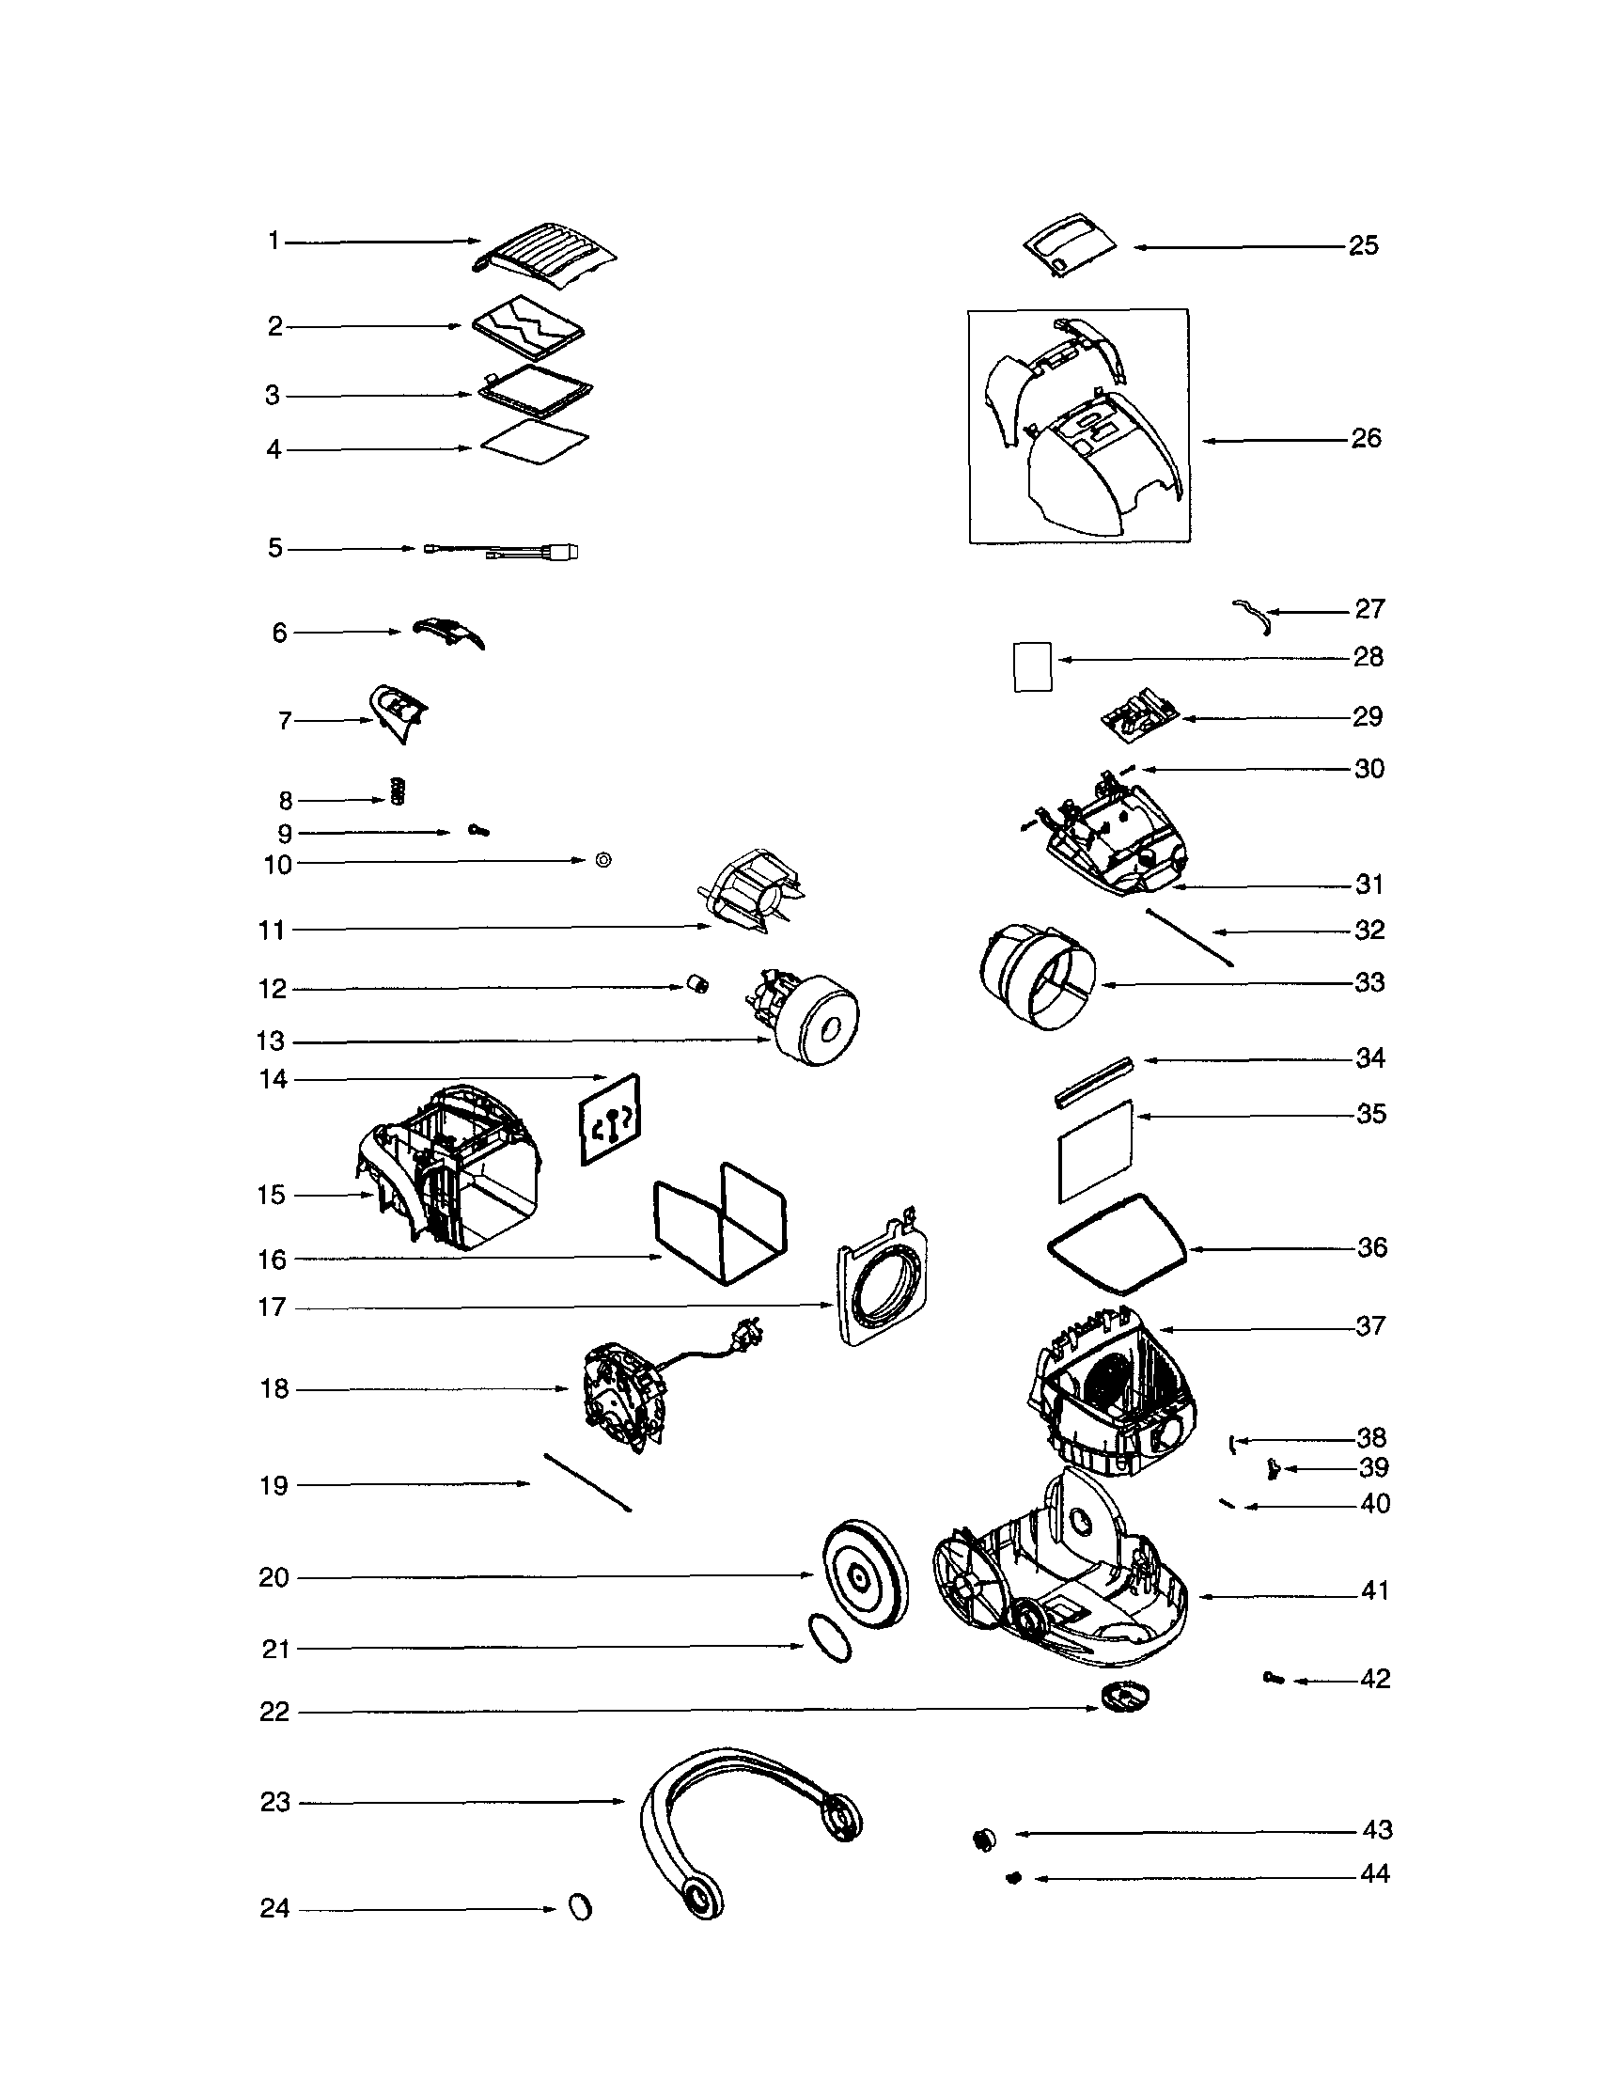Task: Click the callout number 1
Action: point(274,242)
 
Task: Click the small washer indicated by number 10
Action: point(602,860)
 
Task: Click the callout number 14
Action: point(273,1079)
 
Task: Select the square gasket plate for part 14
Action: point(610,1119)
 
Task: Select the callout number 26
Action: point(1366,439)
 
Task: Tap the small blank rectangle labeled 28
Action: point(1031,666)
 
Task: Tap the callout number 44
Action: point(1374,1874)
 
